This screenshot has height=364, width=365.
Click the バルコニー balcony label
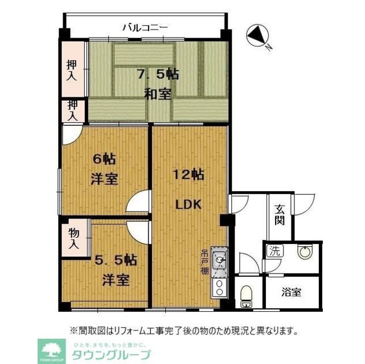point(145,27)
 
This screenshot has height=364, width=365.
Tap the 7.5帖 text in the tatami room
point(157,74)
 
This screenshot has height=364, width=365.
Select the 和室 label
point(157,94)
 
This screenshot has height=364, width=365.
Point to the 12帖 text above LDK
point(190,175)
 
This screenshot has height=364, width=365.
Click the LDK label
point(188,205)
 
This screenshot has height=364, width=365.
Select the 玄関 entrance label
point(281,215)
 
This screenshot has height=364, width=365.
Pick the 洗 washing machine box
point(275,250)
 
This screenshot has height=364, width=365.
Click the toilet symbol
point(246,296)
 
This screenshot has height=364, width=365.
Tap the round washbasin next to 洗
point(305,253)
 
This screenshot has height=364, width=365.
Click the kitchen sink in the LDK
point(219,260)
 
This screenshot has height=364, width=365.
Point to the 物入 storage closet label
point(74,239)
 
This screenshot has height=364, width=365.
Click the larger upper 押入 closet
point(72,70)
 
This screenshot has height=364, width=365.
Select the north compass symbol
point(258,37)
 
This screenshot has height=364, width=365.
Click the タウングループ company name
point(111,355)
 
